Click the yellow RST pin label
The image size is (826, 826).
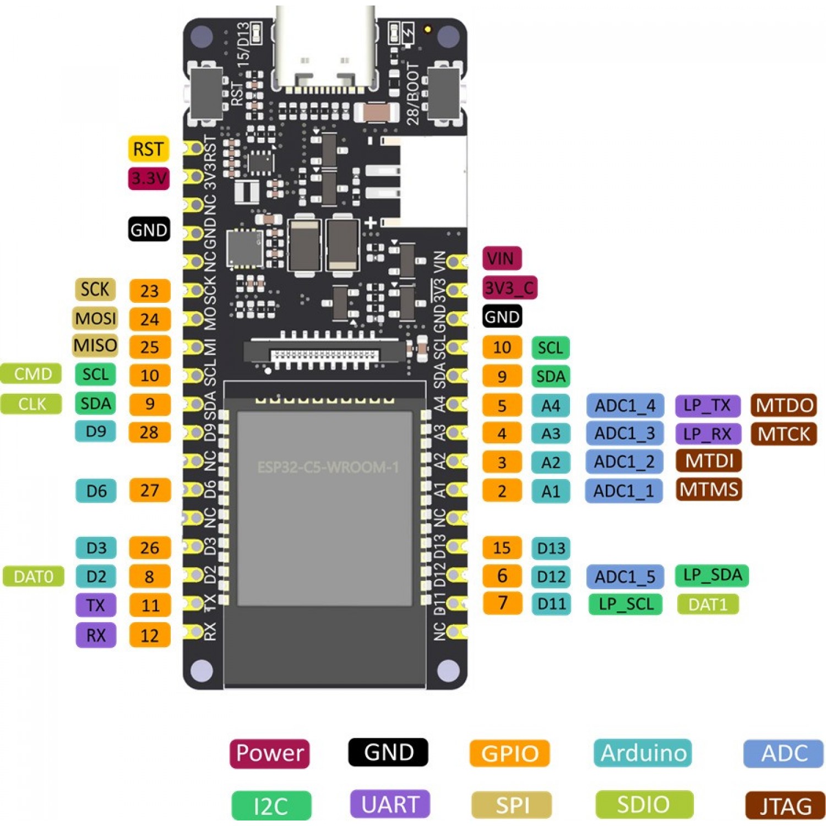tap(148, 149)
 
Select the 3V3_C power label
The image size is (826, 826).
tap(510, 287)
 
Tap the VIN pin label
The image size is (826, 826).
tap(501, 258)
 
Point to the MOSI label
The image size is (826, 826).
tap(95, 318)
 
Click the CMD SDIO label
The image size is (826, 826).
tap(31, 374)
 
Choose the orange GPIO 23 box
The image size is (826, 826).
tap(149, 291)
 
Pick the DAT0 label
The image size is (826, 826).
tap(33, 577)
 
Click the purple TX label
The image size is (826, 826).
tap(96, 605)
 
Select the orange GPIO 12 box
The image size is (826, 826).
tap(149, 635)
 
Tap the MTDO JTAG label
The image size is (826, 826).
tap(784, 405)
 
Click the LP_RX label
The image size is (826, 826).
tap(708, 434)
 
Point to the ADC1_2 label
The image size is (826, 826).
tap(624, 461)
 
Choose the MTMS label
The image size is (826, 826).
tap(709, 489)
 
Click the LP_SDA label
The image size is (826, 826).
tap(712, 575)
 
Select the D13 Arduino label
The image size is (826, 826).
tap(551, 548)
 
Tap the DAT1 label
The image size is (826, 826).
tap(708, 605)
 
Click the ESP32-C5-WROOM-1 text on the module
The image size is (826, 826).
tap(328, 468)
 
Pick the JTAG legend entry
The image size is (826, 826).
tap(785, 806)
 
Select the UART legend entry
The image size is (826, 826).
tap(390, 805)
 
